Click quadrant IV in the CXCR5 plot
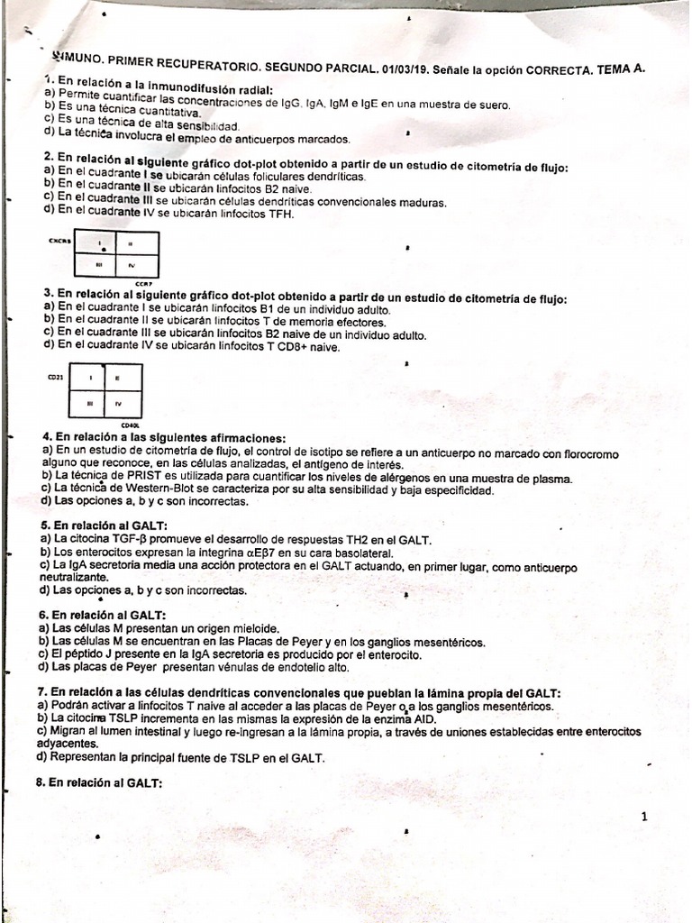click(x=132, y=266)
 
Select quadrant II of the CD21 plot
click(x=119, y=378)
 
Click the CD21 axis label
click(x=54, y=378)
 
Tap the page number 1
click(x=644, y=817)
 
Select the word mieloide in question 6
click(x=251, y=628)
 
